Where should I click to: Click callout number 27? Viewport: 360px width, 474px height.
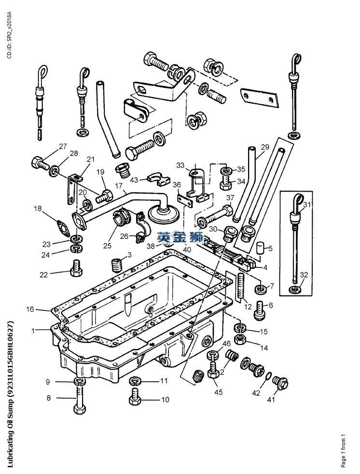coord(63,147)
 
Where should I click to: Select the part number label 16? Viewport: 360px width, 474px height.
coord(30,309)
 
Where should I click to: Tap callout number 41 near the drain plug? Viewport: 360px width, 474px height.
coord(271,400)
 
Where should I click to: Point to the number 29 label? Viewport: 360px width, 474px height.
coord(265,147)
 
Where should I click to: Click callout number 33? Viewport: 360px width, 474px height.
coord(180,166)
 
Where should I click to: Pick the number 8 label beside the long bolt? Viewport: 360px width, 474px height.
coord(48,398)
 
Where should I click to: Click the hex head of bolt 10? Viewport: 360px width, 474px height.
coord(135,400)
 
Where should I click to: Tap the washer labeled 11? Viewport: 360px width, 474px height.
coord(136,382)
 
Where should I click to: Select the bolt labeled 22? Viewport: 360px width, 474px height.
coord(75,268)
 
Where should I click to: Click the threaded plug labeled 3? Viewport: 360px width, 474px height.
coord(115,265)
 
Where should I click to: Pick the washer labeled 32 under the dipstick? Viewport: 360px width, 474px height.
coord(293,290)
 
